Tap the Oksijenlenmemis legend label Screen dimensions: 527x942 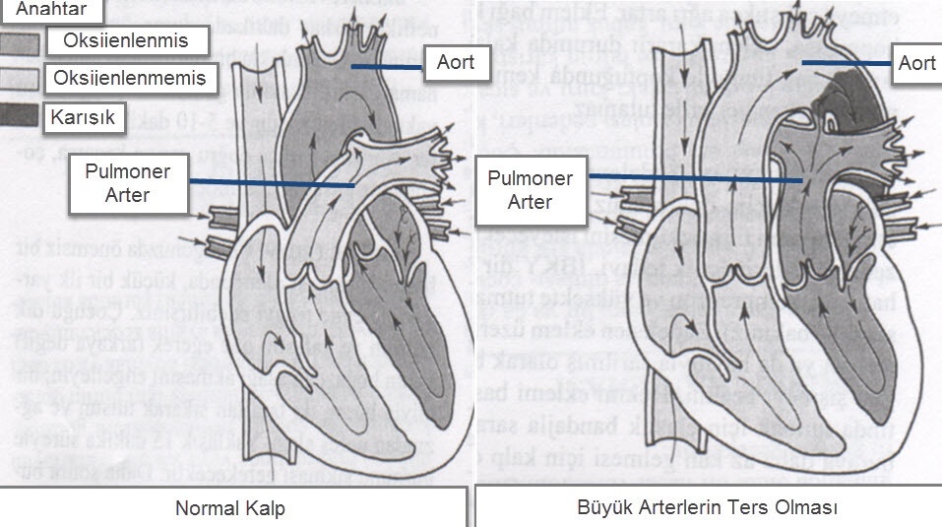(x=130, y=77)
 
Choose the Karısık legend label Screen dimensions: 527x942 (x=84, y=117)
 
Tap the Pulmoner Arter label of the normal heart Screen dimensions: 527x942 (x=129, y=183)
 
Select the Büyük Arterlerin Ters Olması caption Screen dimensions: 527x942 (x=707, y=508)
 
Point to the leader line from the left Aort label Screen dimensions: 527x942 (x=388, y=66)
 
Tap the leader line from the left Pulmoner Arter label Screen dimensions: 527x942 (x=271, y=183)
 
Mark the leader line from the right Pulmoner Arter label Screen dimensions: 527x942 (x=695, y=178)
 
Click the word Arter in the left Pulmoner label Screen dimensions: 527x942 (x=129, y=195)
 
